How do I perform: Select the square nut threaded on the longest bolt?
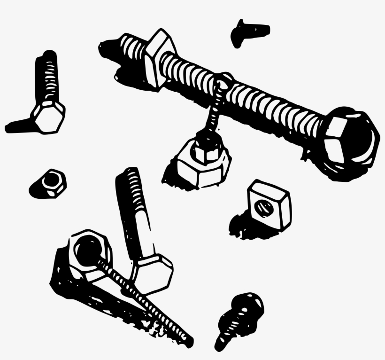(160, 58)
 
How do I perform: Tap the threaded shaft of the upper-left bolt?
(46, 75)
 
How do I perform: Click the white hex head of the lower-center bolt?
(152, 273)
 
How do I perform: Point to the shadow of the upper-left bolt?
(19, 126)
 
